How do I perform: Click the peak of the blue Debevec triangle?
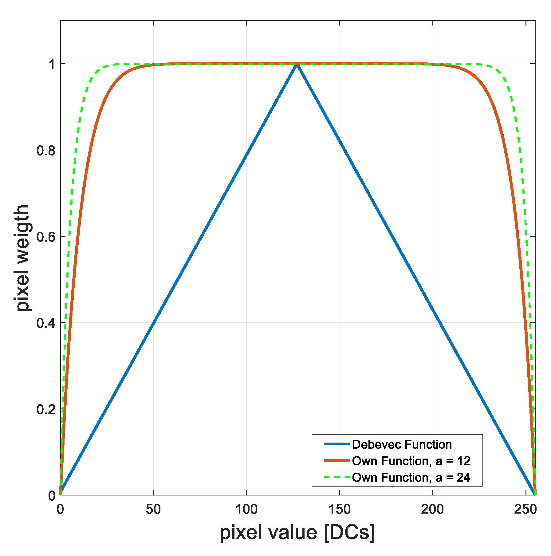(297, 64)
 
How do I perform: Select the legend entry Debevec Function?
(402, 444)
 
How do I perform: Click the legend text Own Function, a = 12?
(411, 461)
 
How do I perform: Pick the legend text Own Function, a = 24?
(411, 477)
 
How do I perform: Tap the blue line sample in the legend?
(337, 444)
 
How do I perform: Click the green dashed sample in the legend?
(337, 477)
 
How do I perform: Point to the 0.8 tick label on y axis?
(46, 151)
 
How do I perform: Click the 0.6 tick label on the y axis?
(46, 237)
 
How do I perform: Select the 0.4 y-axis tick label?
(46, 323)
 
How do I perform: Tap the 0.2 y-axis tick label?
(46, 410)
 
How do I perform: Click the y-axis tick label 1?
(52, 64)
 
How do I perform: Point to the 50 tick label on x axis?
(153, 510)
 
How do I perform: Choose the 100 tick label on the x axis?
(246, 510)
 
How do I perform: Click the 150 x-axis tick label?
(339, 510)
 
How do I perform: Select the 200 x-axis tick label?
(432, 510)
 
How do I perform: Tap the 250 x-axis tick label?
(525, 510)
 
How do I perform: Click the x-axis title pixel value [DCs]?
(297, 533)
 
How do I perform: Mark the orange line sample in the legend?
(337, 461)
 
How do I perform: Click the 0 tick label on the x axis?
(60, 510)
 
